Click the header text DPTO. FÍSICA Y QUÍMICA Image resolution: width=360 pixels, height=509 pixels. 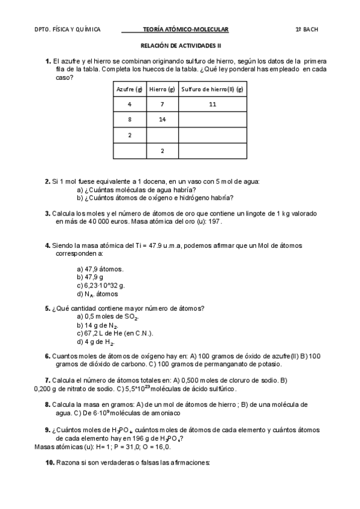[x=67, y=29]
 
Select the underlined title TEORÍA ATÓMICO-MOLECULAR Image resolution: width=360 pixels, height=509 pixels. [x=186, y=29]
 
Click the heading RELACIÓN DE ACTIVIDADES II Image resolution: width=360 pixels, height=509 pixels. [x=181, y=45]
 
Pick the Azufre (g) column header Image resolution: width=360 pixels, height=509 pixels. [x=129, y=89]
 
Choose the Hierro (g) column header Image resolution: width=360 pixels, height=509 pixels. [x=162, y=89]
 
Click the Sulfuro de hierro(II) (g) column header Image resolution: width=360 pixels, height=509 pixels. [x=212, y=89]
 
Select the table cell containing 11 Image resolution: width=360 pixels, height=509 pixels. [x=212, y=104]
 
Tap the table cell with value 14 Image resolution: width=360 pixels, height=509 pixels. [x=162, y=119]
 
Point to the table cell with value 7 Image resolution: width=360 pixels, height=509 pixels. [x=162, y=104]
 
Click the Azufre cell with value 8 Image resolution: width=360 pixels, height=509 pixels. [x=129, y=119]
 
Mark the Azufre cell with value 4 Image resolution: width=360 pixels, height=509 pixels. [x=129, y=104]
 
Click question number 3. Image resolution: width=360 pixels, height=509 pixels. [x=47, y=213]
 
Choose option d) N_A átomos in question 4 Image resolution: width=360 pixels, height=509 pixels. [x=98, y=294]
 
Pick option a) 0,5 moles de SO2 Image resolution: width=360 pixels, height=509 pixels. [x=108, y=316]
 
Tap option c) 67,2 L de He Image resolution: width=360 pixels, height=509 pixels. [x=115, y=333]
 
